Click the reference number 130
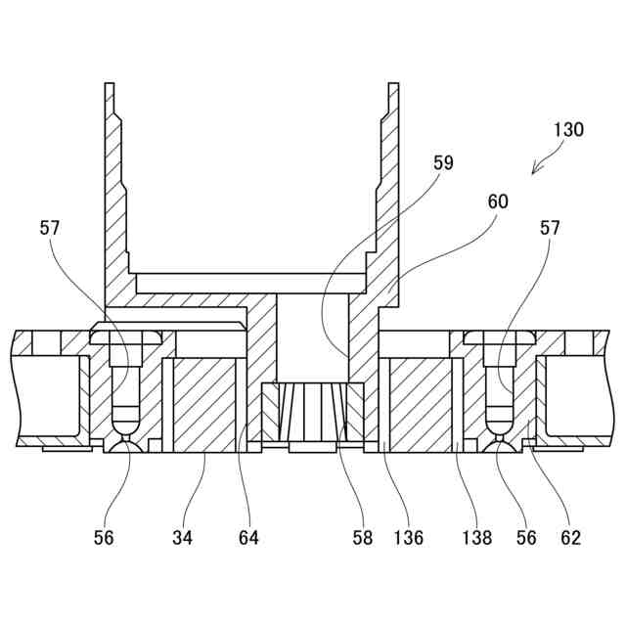click(568, 129)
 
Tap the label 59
click(443, 163)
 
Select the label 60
click(498, 201)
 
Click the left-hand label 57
click(50, 228)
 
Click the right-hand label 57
click(550, 228)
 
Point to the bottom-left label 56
click(105, 537)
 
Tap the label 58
click(361, 537)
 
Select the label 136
click(409, 537)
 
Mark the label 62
click(570, 537)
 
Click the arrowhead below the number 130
click(535, 171)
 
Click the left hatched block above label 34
click(203, 401)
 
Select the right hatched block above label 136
click(421, 401)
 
